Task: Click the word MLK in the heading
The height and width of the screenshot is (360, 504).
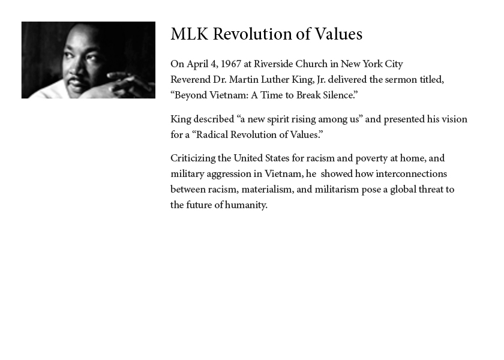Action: tap(190, 34)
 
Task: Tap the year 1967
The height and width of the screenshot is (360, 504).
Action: tap(231, 64)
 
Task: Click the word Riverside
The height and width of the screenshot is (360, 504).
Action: tap(273, 64)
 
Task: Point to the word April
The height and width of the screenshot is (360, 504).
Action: tap(197, 64)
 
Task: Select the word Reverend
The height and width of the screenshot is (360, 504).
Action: tap(190, 79)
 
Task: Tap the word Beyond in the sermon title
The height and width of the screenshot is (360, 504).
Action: tap(191, 95)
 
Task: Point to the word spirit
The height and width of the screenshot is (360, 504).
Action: tap(278, 119)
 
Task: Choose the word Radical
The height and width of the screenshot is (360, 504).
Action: tap(212, 134)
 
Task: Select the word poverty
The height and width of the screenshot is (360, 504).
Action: tap(371, 158)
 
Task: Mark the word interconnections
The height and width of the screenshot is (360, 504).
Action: tap(411, 174)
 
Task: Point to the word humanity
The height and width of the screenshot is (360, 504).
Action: tap(246, 205)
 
